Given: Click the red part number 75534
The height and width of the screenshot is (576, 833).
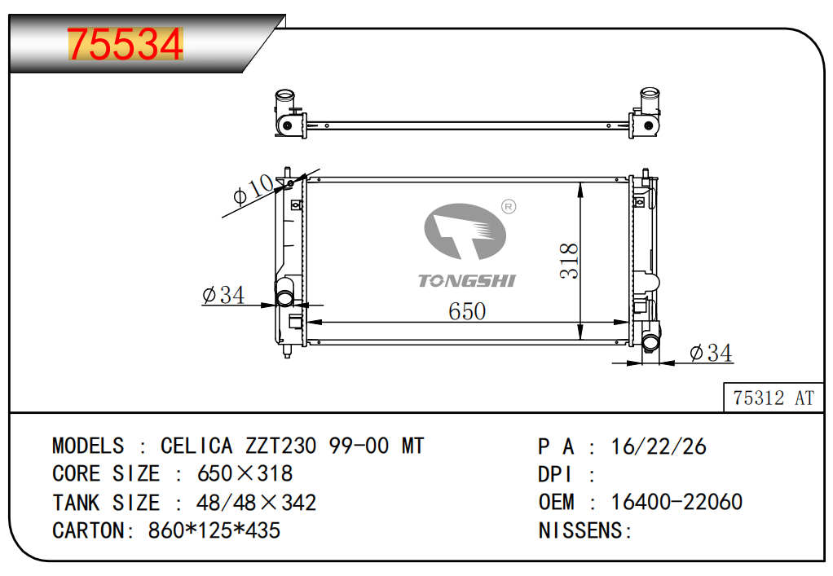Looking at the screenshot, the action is coord(126,44).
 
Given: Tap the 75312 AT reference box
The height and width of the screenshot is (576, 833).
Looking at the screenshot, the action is coord(773,397).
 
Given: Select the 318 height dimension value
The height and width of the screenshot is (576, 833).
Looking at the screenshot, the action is coord(568,261).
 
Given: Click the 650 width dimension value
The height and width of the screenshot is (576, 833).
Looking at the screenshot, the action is coord(467,311).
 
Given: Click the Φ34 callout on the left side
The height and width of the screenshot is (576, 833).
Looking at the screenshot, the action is coord(223,295).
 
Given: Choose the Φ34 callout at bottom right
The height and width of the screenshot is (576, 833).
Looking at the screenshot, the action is coord(711,353).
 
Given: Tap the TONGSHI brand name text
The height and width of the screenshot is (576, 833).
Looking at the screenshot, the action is coord(466,281).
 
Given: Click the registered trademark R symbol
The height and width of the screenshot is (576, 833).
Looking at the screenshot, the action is coord(509,206).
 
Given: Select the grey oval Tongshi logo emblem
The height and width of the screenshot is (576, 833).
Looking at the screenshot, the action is coord(465,231).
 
